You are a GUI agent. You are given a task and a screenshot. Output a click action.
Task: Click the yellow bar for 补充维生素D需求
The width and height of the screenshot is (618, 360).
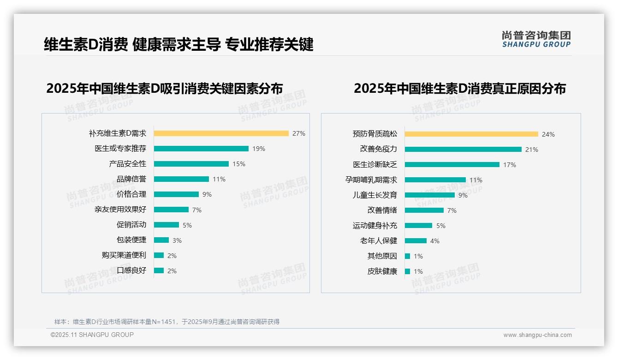[221, 133]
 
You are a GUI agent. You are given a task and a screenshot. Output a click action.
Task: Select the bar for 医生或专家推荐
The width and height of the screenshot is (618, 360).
[201, 149]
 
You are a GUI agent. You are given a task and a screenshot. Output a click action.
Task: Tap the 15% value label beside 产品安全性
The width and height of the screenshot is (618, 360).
[239, 164]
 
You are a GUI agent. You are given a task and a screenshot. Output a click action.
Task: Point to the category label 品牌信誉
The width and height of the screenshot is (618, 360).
[131, 179]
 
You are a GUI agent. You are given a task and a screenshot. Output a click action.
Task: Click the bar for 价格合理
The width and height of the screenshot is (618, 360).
[176, 194]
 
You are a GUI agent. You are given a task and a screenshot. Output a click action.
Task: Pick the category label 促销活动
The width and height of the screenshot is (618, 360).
[131, 225]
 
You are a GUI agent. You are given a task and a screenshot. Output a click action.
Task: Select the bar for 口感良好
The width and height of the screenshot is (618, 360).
[159, 270]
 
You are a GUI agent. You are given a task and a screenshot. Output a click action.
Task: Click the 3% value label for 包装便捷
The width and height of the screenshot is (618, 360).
[177, 240]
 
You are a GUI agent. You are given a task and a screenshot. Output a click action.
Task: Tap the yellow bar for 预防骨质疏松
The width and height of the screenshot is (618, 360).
[471, 134]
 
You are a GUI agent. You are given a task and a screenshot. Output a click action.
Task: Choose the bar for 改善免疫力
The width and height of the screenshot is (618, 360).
[463, 150]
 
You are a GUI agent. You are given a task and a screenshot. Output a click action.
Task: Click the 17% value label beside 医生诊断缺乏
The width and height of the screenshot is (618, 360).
[510, 165]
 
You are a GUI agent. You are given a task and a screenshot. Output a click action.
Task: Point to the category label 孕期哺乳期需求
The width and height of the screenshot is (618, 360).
[371, 180]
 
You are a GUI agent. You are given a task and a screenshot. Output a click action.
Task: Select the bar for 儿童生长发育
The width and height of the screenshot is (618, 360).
[429, 195]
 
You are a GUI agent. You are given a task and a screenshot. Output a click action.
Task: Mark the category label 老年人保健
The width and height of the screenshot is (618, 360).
[379, 241]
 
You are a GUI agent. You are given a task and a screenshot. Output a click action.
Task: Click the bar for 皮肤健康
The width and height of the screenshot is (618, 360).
[407, 271]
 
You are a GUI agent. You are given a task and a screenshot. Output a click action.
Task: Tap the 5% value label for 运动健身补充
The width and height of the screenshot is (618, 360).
[441, 226]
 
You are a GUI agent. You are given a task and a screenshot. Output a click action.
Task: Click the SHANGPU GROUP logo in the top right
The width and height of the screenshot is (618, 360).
[536, 39]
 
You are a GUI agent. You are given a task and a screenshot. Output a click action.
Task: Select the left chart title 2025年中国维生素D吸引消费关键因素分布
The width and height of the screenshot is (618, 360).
[164, 89]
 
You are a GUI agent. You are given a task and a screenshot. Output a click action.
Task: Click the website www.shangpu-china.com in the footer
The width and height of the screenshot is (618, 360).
[537, 335]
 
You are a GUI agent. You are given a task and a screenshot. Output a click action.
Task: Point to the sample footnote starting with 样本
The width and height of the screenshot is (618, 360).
[167, 322]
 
